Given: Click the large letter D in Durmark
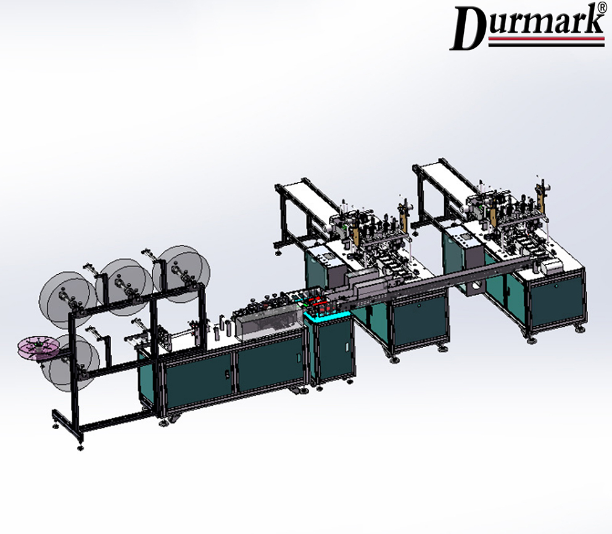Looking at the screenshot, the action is [x=468, y=28].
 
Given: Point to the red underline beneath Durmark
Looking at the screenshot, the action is [x=546, y=39].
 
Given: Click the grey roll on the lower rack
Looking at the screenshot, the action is [x=73, y=363].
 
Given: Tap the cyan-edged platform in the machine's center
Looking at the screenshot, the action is [x=327, y=314].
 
